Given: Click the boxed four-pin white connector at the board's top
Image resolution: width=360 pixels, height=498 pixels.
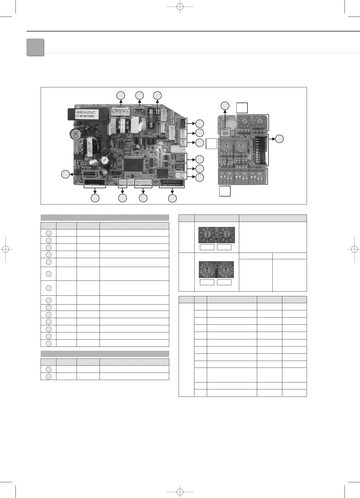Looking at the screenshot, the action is click(x=121, y=112).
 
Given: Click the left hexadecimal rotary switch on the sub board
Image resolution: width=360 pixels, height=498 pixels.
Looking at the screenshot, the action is click(x=226, y=146).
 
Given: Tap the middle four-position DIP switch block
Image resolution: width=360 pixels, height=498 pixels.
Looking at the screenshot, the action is click(x=242, y=177).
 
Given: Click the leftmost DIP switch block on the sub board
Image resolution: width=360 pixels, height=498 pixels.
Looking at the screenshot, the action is click(x=226, y=177).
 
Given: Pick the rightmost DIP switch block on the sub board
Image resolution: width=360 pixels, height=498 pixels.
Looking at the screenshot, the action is click(x=257, y=177).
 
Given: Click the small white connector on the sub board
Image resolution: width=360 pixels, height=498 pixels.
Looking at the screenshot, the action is click(x=225, y=132).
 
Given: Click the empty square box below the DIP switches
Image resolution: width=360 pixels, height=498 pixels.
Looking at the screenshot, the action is click(x=225, y=191).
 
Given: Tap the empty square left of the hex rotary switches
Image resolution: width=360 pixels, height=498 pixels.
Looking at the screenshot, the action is click(x=212, y=144).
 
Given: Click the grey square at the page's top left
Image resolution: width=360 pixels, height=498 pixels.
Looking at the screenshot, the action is click(x=35, y=47).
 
